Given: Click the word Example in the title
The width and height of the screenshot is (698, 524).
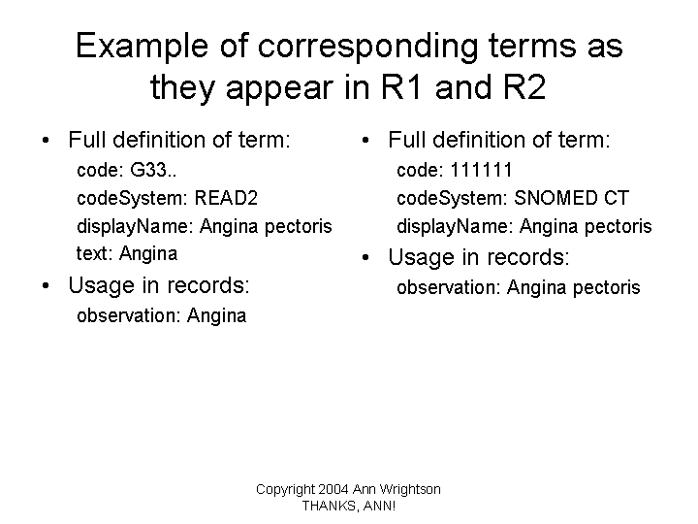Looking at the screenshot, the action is pos(142,47).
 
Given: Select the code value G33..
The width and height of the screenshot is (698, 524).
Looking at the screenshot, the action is pos(153,170).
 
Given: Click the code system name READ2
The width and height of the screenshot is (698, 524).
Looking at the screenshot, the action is pos(226,198).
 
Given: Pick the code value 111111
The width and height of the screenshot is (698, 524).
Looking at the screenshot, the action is pos(481,170).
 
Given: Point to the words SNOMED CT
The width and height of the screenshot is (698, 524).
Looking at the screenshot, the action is pos(572,198).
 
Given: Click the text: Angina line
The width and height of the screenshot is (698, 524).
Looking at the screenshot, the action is pos(127,253).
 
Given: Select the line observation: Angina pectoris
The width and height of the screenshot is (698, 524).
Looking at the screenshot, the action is pos(519,287).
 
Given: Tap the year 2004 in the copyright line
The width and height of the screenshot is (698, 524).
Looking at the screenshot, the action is pos(333,489).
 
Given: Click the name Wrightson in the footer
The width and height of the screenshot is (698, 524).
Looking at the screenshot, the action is pos(409,490).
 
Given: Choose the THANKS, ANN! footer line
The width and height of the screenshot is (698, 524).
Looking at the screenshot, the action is pos(349,507).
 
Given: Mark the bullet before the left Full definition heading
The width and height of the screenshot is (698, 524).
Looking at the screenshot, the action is pos(46,141).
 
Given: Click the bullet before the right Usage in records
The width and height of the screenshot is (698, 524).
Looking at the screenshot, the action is pos(365,257).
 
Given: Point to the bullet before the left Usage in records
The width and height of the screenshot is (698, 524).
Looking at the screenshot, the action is pos(46,286).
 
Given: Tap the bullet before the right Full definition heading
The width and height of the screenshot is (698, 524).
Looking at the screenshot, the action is pos(365,141).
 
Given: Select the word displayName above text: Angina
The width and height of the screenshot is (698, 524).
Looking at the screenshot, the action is pos(135,226).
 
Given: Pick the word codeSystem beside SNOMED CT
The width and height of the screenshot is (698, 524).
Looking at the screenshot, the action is pos(452,198).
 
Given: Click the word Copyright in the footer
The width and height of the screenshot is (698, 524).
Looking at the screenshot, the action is pos(285,490).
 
